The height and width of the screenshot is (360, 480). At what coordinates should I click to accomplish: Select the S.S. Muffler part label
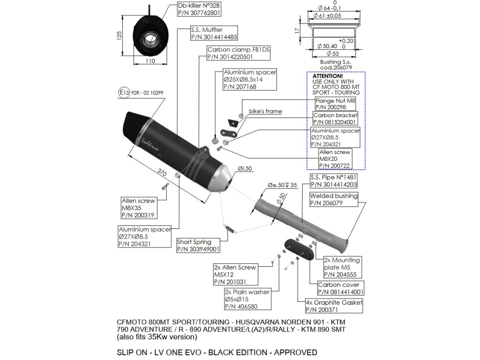coord(213,33)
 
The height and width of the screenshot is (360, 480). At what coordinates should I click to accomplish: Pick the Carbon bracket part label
coord(335,118)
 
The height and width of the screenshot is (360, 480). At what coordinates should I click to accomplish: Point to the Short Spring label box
coord(198,246)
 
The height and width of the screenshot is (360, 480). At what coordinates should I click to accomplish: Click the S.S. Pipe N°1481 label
coord(333,181)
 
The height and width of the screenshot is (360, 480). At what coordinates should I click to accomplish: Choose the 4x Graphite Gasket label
coord(334,306)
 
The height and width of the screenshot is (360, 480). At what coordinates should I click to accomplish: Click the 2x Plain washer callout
coord(247,300)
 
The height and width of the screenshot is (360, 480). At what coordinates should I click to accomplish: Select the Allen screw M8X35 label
coord(138,208)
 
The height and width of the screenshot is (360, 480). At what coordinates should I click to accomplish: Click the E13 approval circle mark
coord(123,93)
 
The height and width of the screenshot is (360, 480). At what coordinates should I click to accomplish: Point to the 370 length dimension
coord(162,172)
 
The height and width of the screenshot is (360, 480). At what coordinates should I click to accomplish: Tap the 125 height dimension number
coord(119,35)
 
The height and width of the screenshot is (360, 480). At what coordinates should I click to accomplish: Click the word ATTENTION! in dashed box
coord(328,75)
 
